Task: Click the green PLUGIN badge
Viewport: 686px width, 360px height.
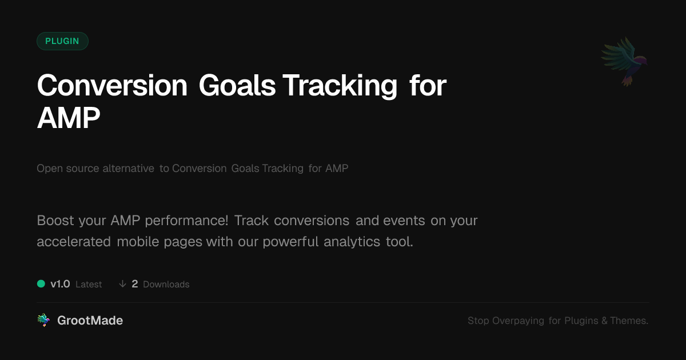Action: point(62,41)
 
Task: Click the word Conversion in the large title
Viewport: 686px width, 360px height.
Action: point(112,86)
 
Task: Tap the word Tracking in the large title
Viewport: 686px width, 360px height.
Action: point(340,86)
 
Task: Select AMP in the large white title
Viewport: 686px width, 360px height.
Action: point(68,118)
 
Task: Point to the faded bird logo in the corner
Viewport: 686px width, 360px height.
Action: point(624,62)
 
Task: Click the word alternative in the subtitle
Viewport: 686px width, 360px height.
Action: point(128,169)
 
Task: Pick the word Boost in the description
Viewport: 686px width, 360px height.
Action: point(55,221)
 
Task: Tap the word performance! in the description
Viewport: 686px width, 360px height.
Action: point(186,221)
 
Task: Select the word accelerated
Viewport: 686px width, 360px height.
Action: point(74,242)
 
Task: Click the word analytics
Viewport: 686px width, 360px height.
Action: point(352,242)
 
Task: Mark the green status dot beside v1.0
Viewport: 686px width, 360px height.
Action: point(41,284)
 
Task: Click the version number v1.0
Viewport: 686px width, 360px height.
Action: point(61,284)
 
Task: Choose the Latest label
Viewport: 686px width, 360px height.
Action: point(89,285)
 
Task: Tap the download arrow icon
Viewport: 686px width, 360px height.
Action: point(122,284)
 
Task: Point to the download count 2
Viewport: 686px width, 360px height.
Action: point(135,284)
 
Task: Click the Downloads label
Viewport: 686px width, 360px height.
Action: point(166,285)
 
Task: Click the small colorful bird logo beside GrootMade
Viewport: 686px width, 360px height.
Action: point(43,320)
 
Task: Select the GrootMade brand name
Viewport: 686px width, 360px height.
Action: point(90,321)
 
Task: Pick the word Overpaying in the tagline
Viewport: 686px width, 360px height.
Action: point(518,321)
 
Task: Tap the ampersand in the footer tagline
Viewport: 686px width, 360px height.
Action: point(604,321)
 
